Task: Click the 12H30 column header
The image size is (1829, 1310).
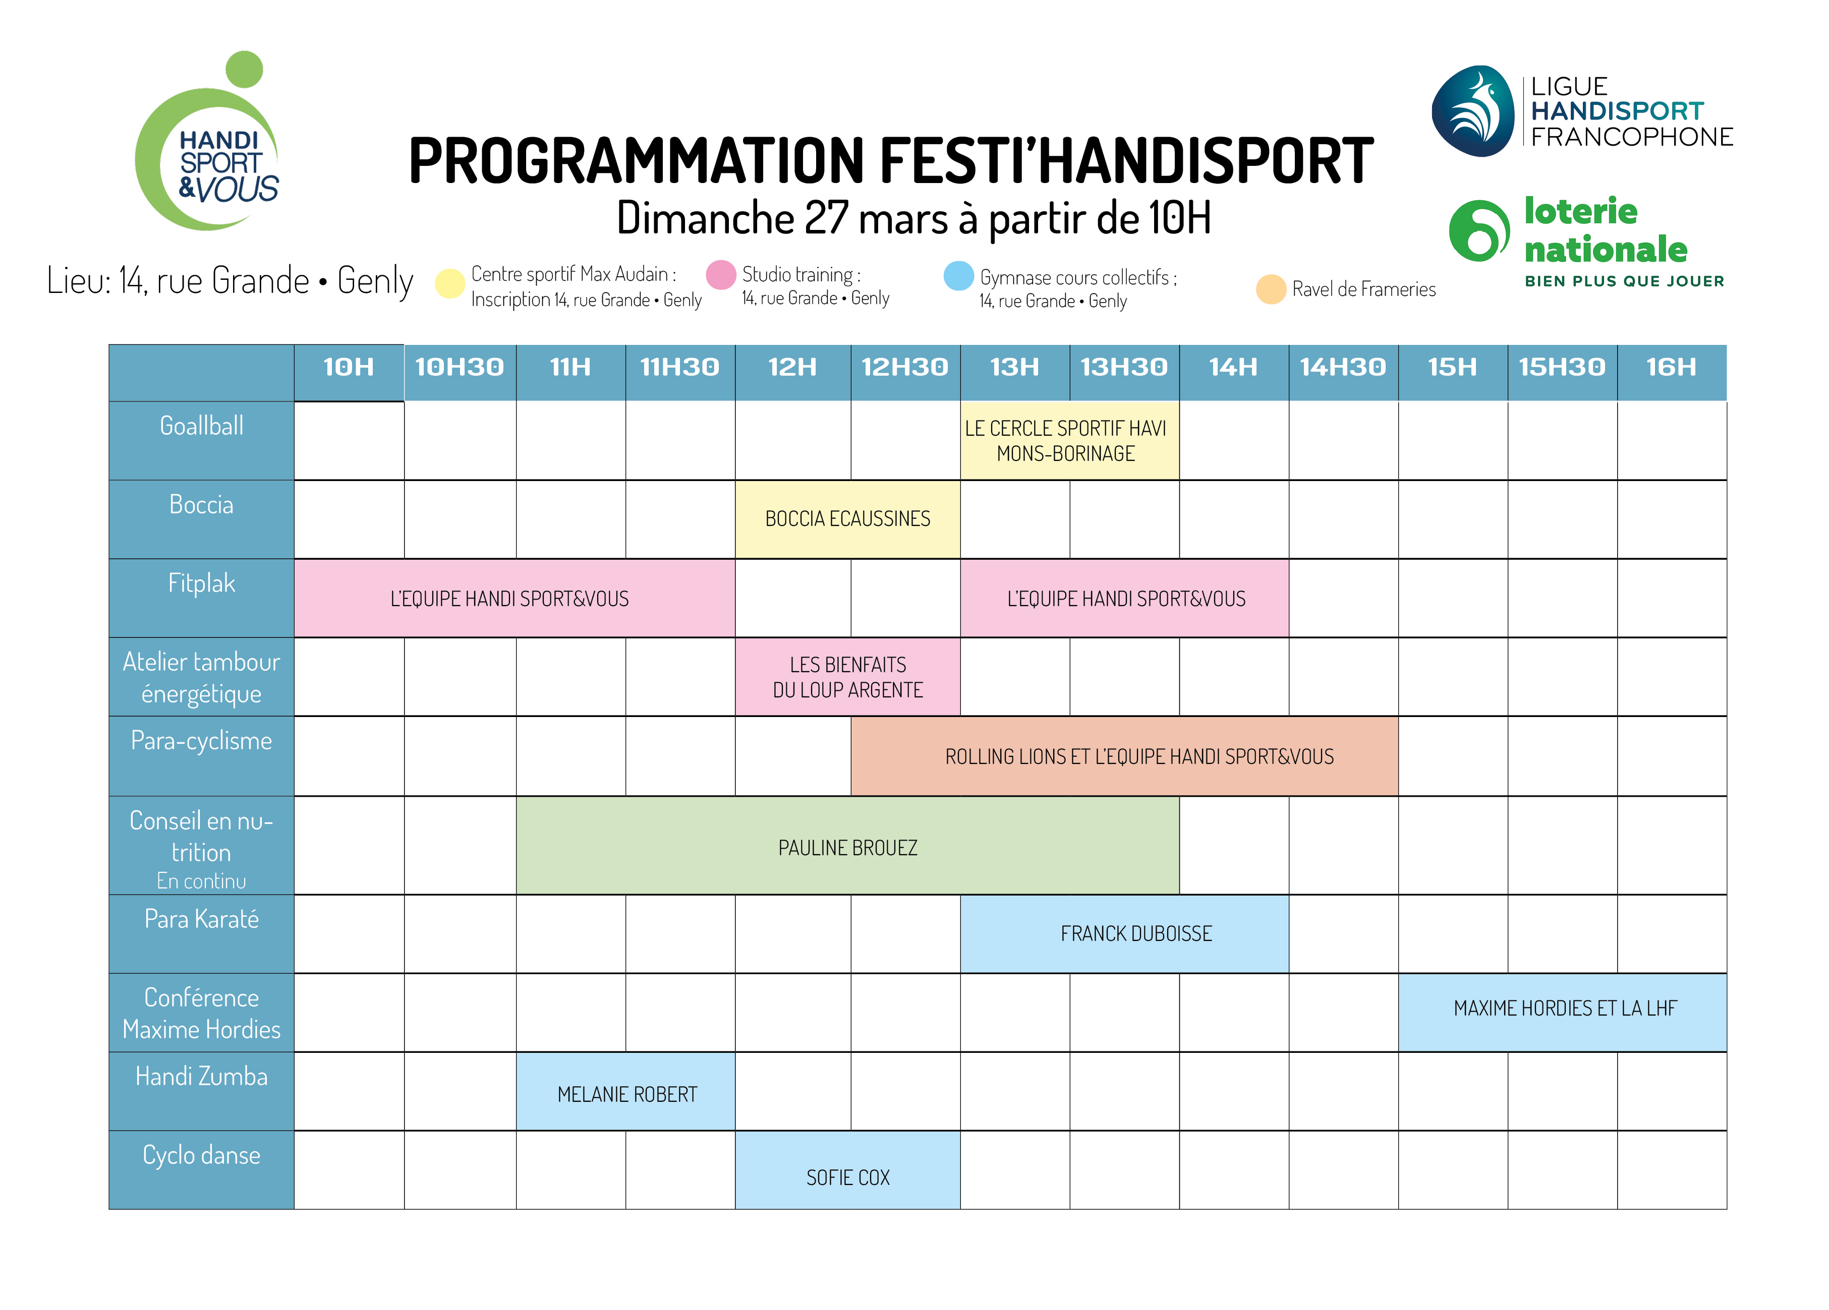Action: [x=905, y=368]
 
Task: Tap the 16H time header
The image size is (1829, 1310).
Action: [x=1671, y=368]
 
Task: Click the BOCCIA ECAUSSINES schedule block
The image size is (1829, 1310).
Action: [x=847, y=519]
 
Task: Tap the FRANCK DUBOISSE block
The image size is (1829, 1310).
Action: [x=1124, y=933]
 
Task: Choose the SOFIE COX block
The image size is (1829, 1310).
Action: [x=847, y=1170]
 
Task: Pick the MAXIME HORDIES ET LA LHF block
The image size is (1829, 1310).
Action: [x=1563, y=1013]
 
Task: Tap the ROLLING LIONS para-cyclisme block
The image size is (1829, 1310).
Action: [x=1124, y=756]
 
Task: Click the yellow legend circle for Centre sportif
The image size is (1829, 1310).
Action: [x=450, y=283]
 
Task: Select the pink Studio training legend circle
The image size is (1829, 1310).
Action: [x=721, y=275]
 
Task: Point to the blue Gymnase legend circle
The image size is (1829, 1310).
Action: [x=959, y=276]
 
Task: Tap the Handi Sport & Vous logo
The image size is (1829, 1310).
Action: [x=208, y=142]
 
